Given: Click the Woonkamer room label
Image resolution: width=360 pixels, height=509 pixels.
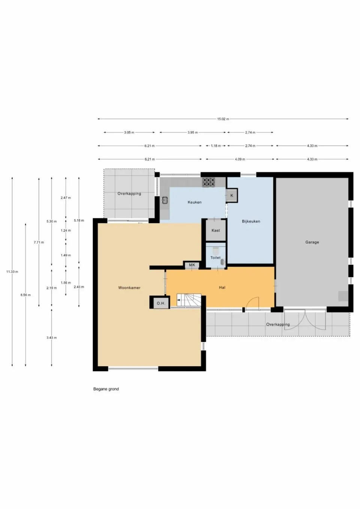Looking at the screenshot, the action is (129, 288).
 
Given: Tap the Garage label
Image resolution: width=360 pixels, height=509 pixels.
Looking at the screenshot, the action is (312, 242).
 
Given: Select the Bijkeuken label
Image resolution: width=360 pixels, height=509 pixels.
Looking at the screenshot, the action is (251, 221).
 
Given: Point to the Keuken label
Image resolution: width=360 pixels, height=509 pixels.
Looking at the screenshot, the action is (195, 202).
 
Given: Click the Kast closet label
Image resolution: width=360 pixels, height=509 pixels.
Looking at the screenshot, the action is (216, 231).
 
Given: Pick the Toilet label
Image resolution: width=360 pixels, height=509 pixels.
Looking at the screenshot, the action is (216, 257).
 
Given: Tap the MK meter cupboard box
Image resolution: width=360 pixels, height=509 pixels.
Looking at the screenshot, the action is (192, 265).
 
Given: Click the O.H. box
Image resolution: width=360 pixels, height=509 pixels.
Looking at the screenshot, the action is (160, 303).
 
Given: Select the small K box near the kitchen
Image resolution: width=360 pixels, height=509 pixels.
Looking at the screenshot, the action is (232, 195).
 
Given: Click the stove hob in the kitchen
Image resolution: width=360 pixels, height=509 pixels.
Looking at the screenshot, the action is (209, 182).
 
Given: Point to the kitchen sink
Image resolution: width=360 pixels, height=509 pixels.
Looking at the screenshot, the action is (165, 200).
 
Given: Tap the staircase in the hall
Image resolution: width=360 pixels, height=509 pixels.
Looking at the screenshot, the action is (189, 300).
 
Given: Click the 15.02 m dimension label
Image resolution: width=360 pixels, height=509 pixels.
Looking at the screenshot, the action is (223, 119).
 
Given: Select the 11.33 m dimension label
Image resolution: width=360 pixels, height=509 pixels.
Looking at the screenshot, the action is (12, 271).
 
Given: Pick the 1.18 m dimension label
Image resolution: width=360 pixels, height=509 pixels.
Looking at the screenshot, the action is (216, 146).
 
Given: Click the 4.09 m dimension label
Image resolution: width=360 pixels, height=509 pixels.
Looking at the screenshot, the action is (240, 159).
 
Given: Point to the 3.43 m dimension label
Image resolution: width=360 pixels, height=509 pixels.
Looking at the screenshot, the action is (52, 338).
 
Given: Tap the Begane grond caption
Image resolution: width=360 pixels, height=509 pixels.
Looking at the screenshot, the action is (106, 389).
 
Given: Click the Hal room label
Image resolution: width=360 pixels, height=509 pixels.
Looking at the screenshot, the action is (222, 287).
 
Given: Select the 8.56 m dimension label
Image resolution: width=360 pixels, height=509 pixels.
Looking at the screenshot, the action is (25, 295).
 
